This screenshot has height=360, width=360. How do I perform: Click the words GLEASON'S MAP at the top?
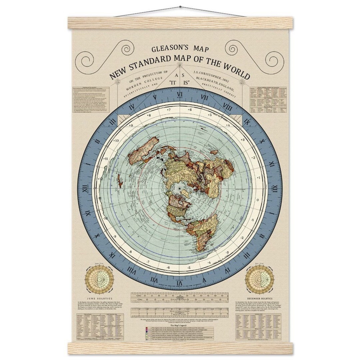click(x=180, y=49)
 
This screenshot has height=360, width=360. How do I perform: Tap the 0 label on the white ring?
click(x=257, y=200)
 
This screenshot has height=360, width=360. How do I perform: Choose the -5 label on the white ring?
click(x=189, y=267)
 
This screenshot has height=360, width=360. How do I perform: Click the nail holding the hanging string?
click(x=180, y=7)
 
